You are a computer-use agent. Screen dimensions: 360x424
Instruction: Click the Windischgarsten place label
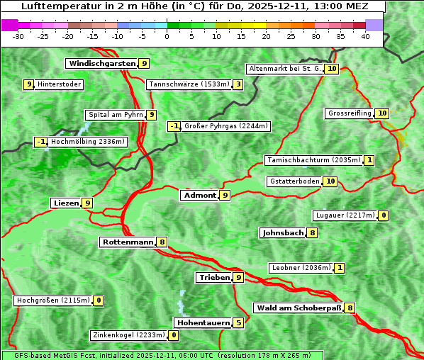click(x=102, y=64)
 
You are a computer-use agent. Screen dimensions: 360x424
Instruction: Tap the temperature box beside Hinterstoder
click(x=29, y=85)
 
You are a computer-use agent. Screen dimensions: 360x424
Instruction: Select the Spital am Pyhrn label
click(x=115, y=115)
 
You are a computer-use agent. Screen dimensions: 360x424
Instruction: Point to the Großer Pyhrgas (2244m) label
click(x=225, y=126)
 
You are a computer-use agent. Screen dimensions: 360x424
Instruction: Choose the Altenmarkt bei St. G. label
click(x=285, y=69)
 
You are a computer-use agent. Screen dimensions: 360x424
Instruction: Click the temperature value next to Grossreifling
click(x=382, y=113)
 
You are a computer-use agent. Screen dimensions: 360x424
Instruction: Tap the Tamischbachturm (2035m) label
click(x=313, y=160)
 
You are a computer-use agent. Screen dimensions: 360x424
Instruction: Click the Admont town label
click(x=199, y=195)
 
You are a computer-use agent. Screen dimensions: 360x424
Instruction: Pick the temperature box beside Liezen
click(x=87, y=203)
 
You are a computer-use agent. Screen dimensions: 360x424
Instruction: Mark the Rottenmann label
click(x=128, y=242)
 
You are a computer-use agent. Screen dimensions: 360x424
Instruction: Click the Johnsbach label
click(x=283, y=233)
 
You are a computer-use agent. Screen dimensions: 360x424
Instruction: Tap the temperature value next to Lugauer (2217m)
click(x=384, y=215)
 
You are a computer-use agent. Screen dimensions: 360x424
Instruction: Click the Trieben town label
click(x=214, y=277)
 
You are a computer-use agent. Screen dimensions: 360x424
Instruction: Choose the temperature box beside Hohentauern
click(x=238, y=323)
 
